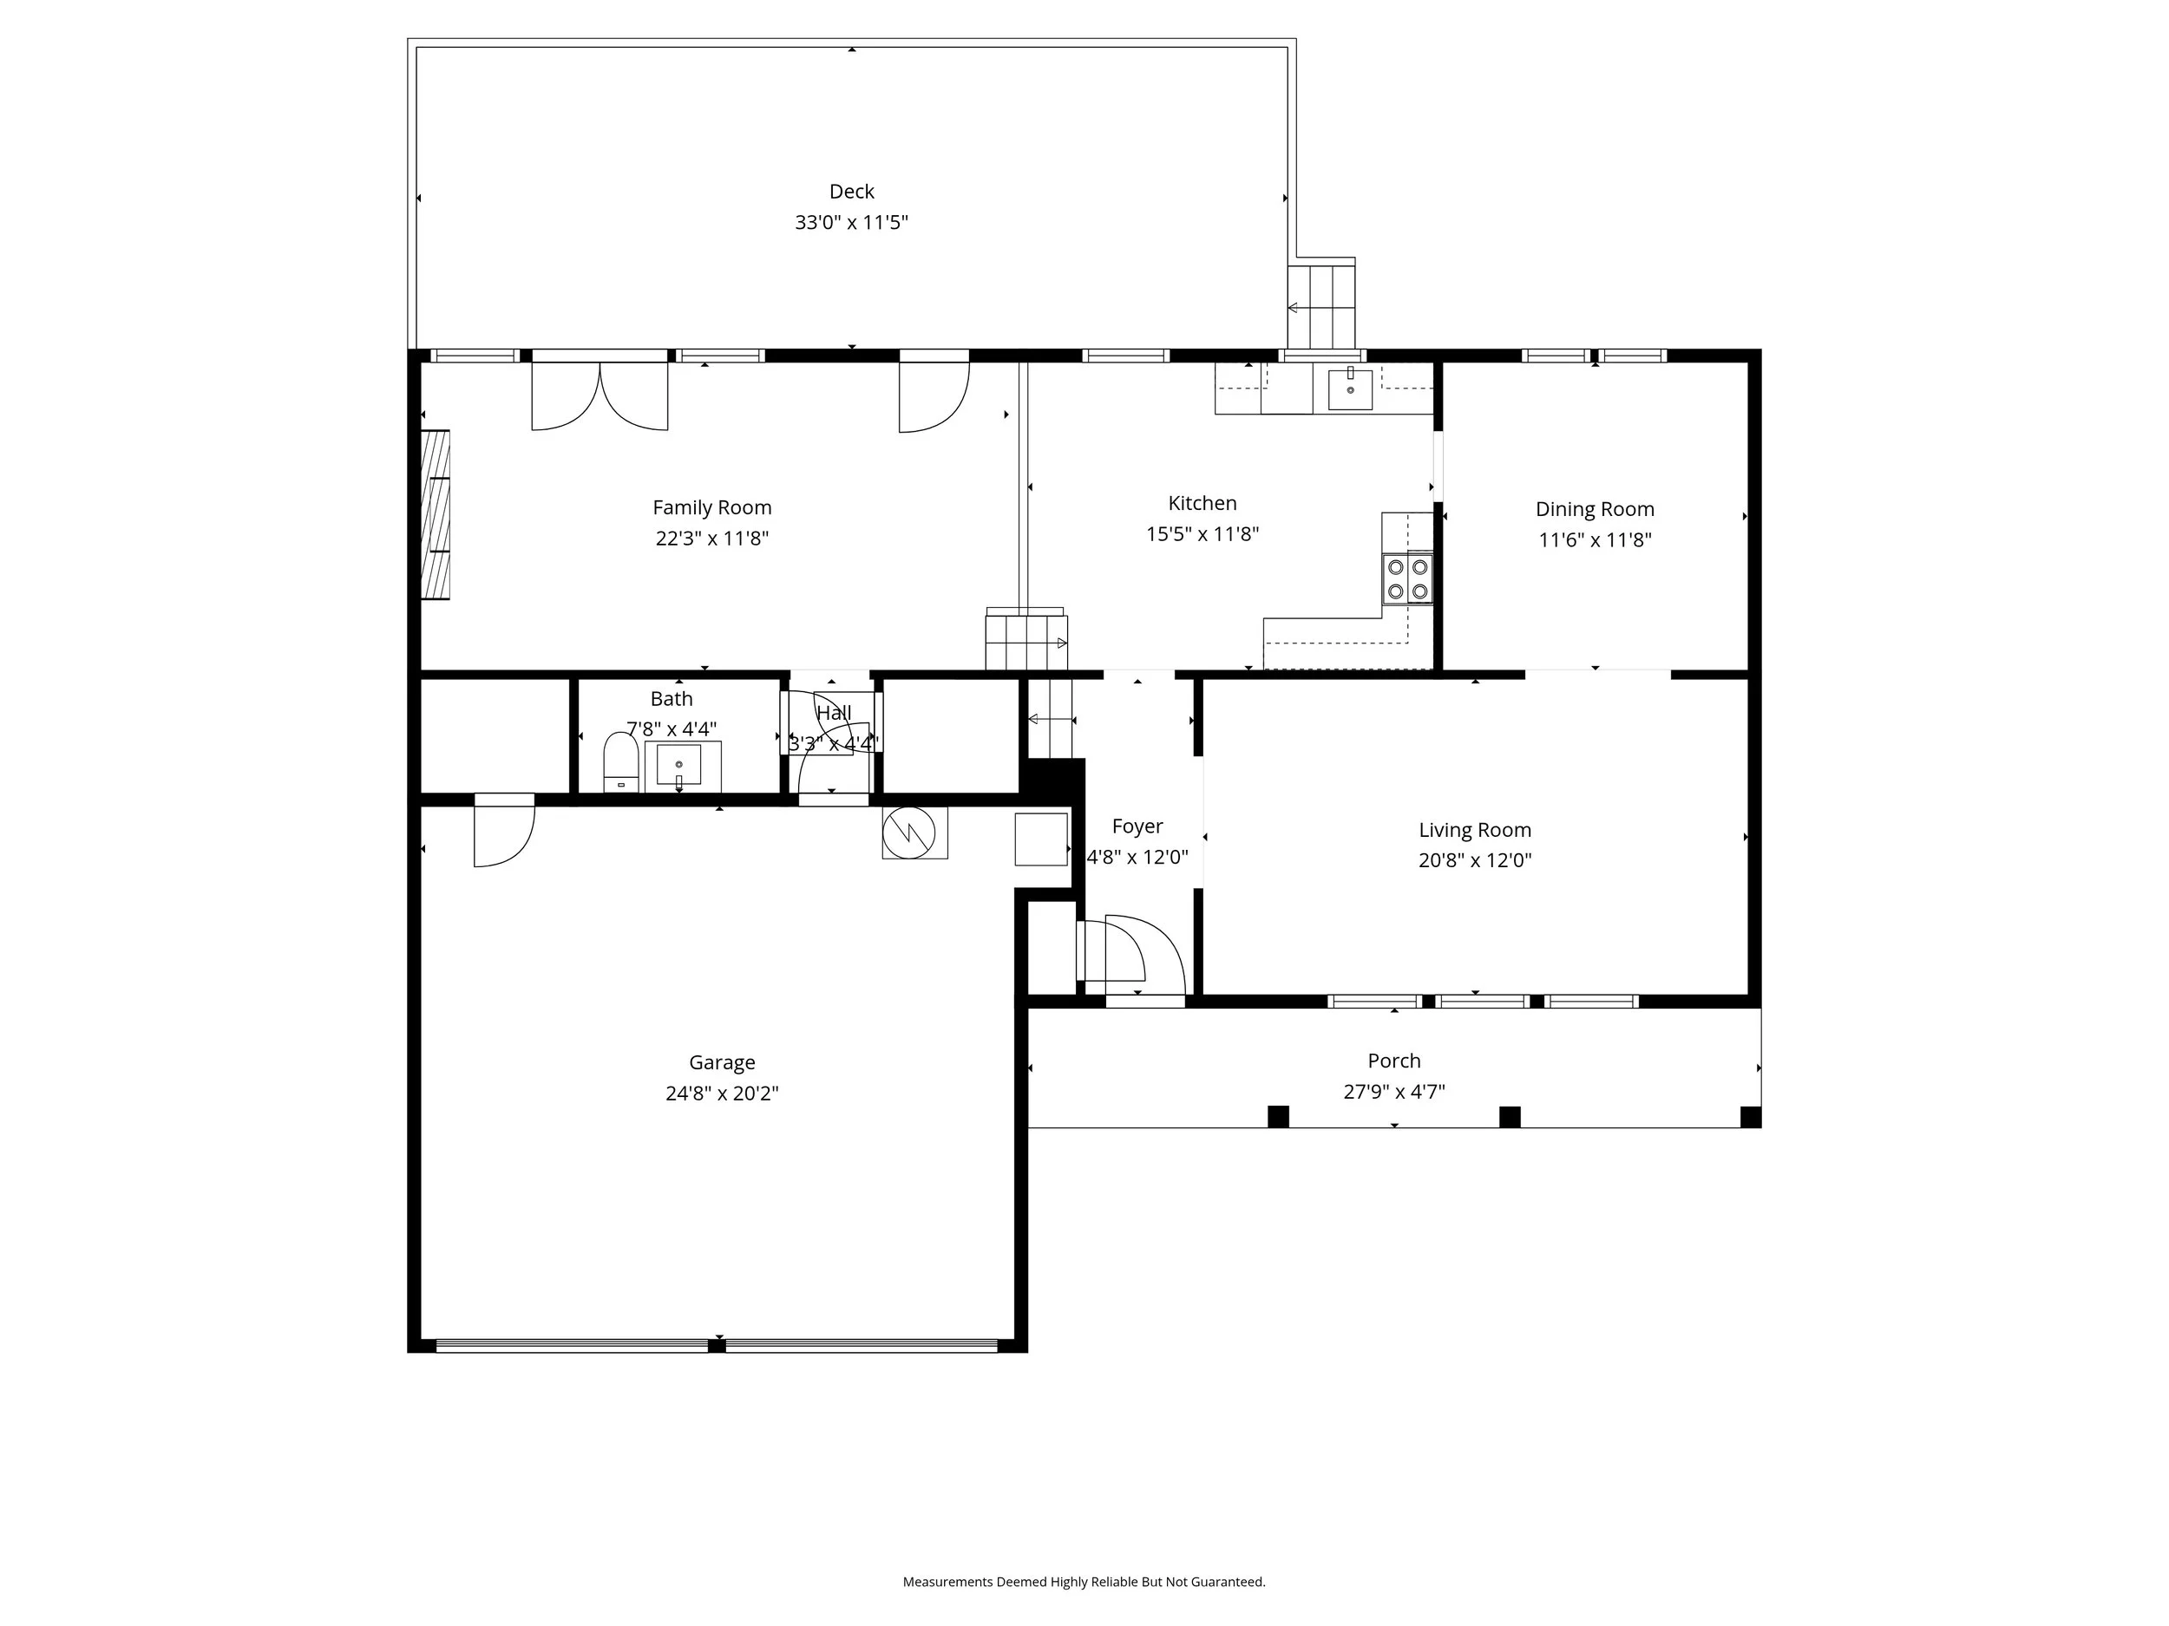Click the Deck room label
[x=851, y=191]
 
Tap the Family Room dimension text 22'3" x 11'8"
[x=712, y=538]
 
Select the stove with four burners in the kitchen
[x=1407, y=578]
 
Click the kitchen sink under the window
[x=1350, y=389]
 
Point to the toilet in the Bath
[x=620, y=763]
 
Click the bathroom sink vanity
[x=681, y=766]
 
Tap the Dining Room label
[x=1595, y=509]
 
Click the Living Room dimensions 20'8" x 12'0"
[x=1475, y=860]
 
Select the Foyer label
[x=1137, y=826]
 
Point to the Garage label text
[x=722, y=1062]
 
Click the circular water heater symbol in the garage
[x=914, y=833]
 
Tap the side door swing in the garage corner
[x=504, y=831]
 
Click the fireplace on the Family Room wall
[x=436, y=514]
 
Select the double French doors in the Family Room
[x=600, y=396]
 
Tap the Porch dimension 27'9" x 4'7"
[x=1393, y=1092]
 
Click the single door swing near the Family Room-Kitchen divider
[x=933, y=396]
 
